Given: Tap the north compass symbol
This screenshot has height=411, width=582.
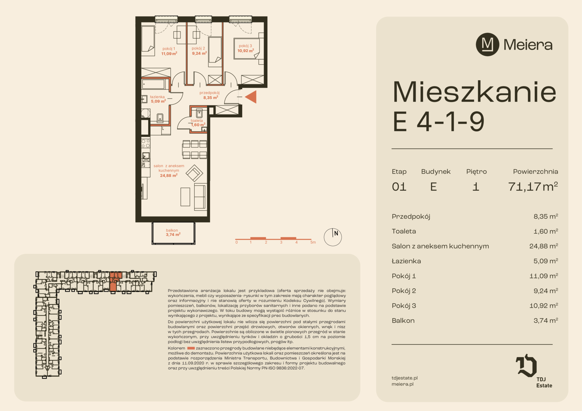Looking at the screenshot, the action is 333,237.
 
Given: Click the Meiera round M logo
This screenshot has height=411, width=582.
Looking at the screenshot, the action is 488,45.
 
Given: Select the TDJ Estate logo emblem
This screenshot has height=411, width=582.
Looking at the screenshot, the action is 526,365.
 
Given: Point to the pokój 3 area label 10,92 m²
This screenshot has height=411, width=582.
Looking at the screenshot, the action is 246,51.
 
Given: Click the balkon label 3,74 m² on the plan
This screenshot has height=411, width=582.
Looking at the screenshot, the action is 173,234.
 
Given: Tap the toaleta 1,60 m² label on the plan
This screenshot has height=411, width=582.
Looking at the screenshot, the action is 198,123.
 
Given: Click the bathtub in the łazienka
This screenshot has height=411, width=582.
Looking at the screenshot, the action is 153,84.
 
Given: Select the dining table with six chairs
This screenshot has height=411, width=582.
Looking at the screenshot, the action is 195,150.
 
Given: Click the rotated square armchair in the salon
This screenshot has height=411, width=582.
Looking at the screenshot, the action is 194,173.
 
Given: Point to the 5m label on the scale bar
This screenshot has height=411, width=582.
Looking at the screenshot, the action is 313,242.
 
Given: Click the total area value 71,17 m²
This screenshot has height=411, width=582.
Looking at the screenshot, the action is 533,186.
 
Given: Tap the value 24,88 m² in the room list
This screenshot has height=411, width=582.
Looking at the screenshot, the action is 544,246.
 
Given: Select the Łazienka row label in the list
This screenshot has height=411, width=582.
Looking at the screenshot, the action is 406,261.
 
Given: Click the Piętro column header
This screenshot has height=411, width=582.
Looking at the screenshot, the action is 476,172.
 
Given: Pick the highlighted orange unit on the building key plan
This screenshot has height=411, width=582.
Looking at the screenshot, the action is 114,281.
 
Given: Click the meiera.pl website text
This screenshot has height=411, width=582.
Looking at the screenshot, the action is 403,384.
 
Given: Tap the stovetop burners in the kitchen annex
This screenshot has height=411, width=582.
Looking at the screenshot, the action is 146,143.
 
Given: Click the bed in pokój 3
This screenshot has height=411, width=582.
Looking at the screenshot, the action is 246,49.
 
